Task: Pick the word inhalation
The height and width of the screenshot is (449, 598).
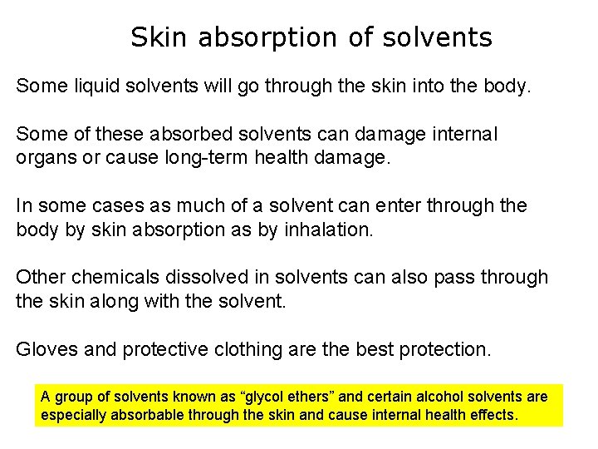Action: (x=328, y=229)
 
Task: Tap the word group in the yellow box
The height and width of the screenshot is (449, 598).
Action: (x=71, y=397)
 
